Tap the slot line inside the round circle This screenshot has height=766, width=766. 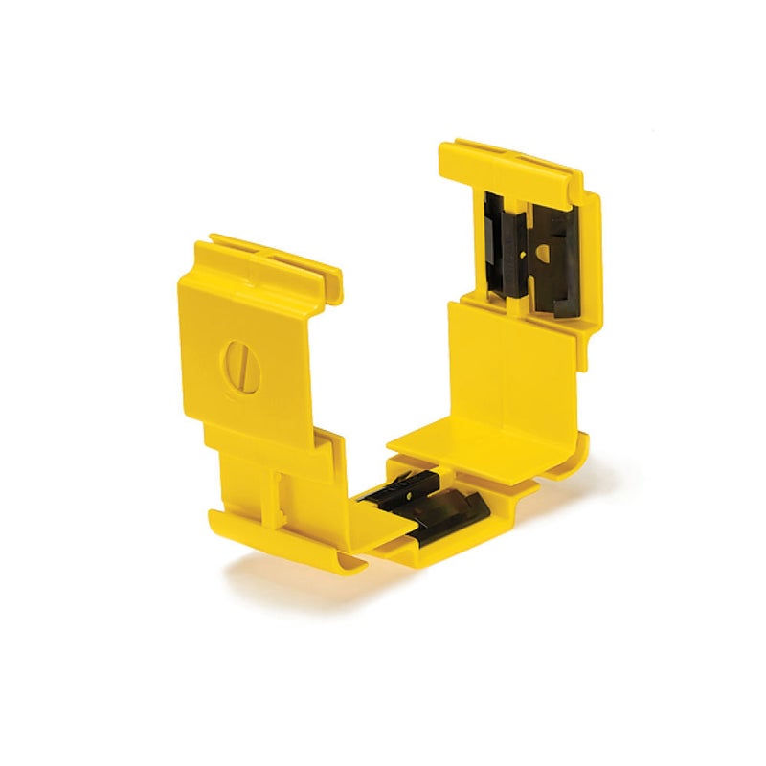click(x=240, y=366)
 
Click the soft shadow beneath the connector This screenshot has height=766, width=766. click(x=316, y=589)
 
